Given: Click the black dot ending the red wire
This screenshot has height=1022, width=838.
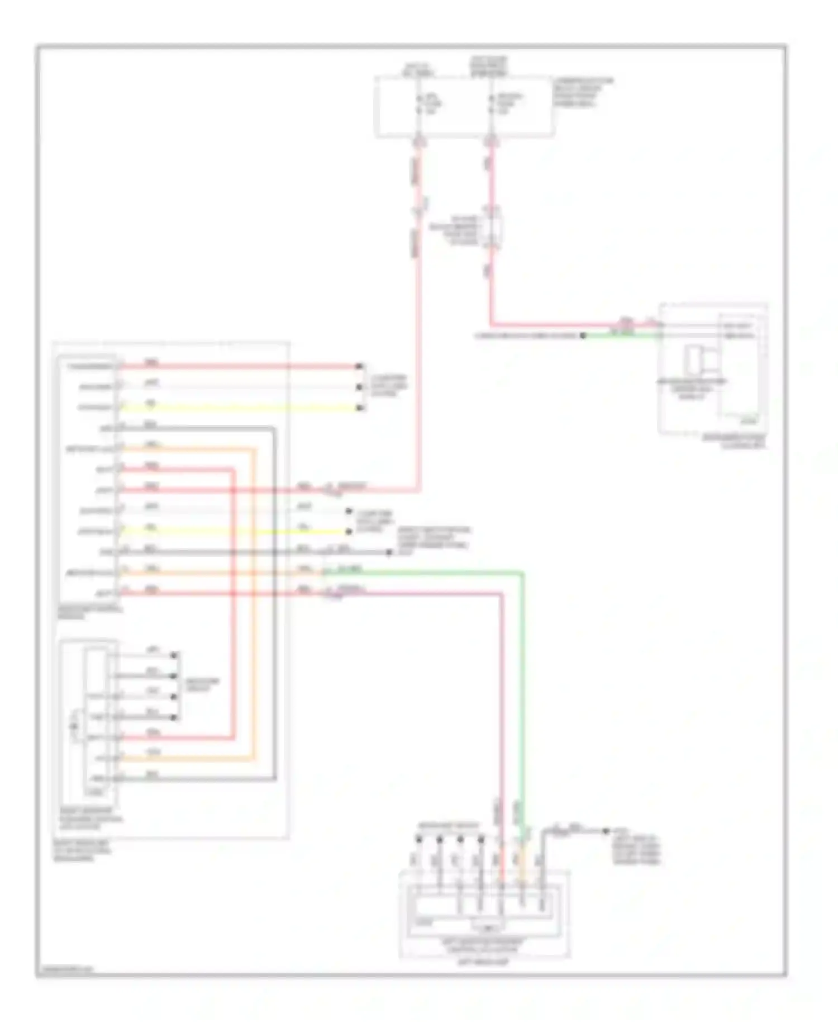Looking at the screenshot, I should pyautogui.click(x=360, y=367).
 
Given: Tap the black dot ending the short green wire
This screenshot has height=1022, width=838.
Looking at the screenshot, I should pyautogui.click(x=583, y=335).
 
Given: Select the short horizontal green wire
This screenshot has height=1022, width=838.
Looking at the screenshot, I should pyautogui.click(x=620, y=335).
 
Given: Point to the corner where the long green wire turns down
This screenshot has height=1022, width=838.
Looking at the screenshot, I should pyautogui.click(x=522, y=572).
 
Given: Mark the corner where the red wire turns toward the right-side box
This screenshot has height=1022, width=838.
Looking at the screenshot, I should pyautogui.click(x=492, y=324).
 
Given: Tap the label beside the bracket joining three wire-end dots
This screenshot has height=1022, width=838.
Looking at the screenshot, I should pyautogui.click(x=389, y=386).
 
